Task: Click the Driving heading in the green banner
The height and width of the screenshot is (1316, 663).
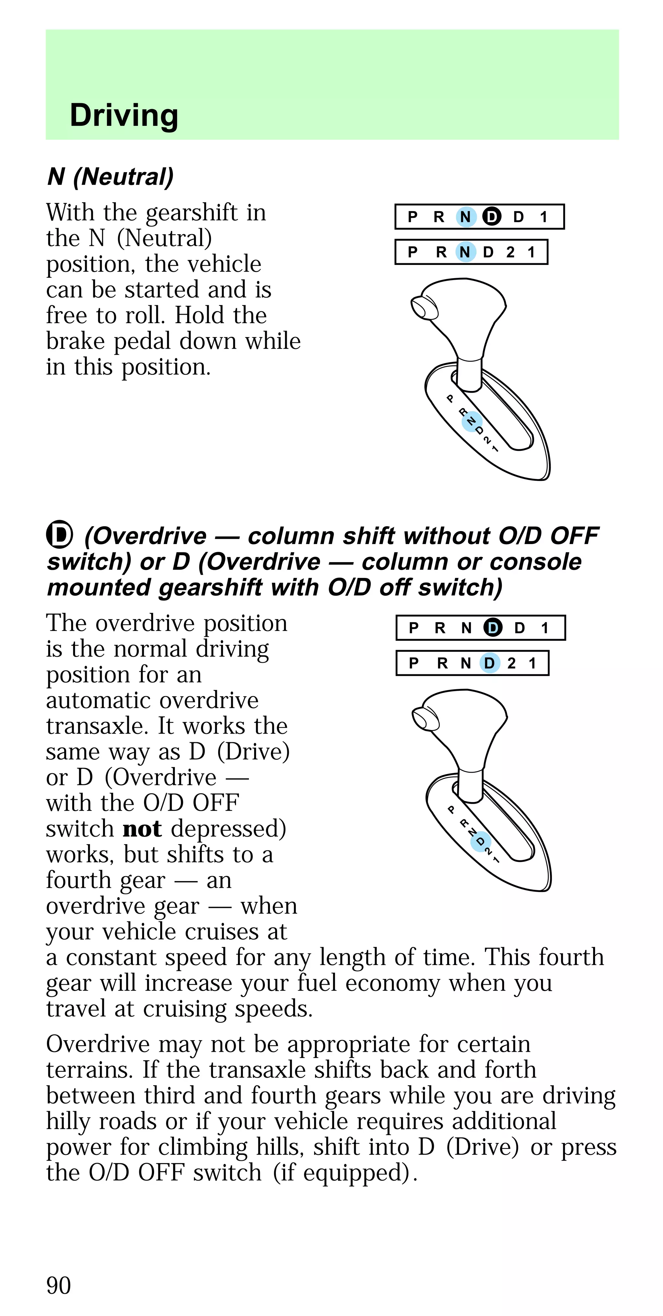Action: point(124,115)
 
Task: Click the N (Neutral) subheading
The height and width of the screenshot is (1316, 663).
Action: point(110,177)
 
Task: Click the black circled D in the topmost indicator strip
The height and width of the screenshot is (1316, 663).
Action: point(492,217)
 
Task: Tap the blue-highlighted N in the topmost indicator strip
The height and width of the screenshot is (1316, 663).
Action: point(465,217)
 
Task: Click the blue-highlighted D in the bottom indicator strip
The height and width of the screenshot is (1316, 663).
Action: point(489,663)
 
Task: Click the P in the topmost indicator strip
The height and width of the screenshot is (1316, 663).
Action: point(412,217)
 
